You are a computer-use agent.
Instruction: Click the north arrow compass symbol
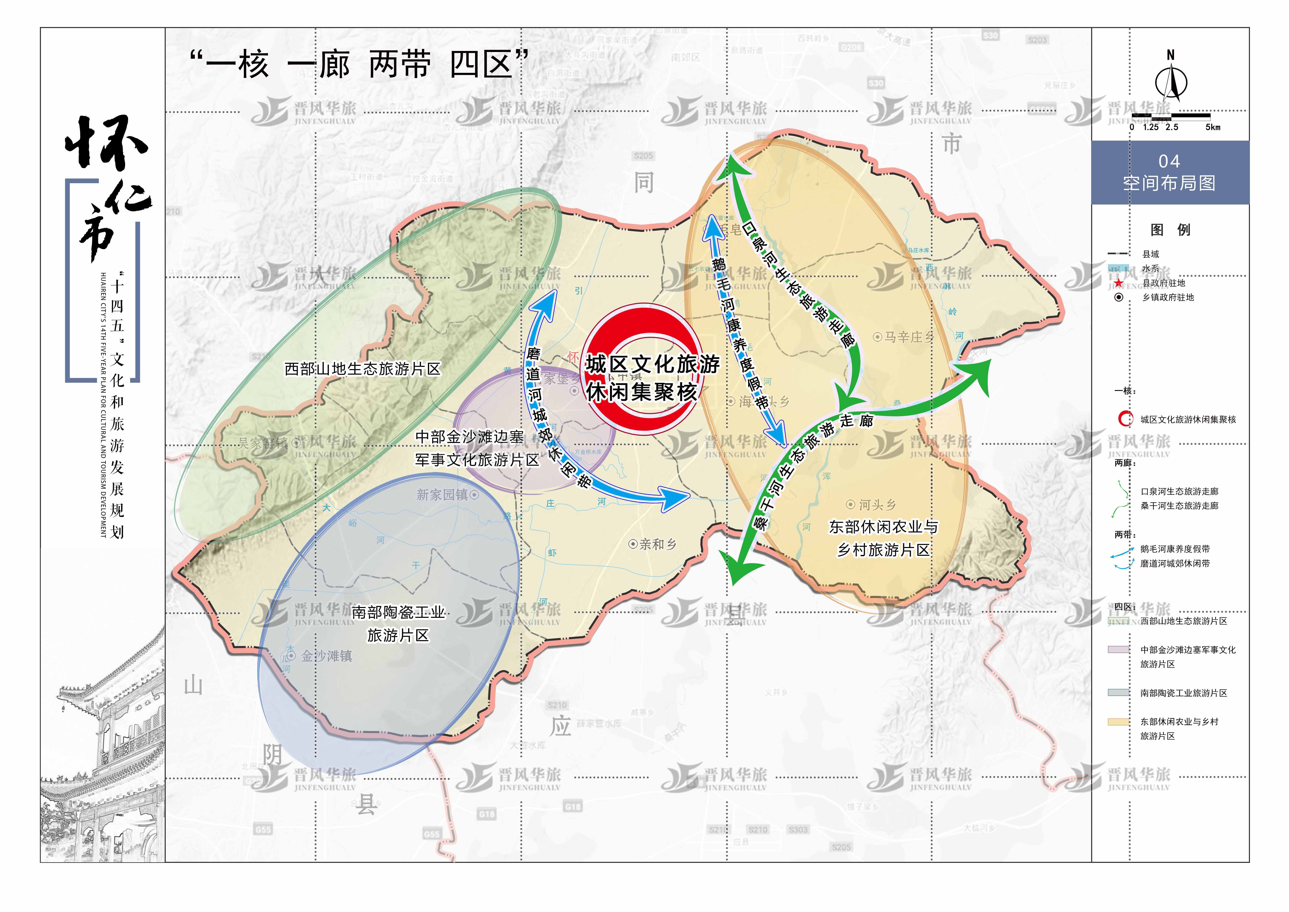click(x=1171, y=83)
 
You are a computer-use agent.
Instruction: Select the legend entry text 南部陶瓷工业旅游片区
click(x=1183, y=693)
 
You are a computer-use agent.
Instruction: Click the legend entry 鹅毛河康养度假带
click(x=1174, y=549)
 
